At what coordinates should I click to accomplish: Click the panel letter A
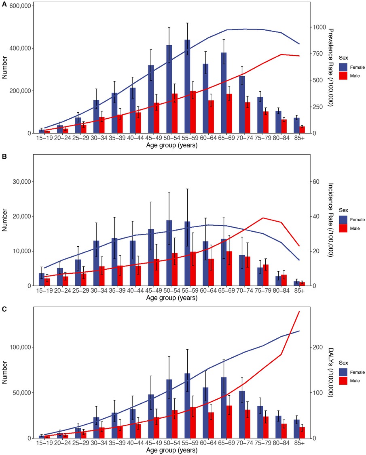[4, 4]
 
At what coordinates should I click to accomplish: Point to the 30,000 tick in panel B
[20, 182]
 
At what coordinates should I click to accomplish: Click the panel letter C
[4, 309]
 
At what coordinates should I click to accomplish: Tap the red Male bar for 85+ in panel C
[302, 432]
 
